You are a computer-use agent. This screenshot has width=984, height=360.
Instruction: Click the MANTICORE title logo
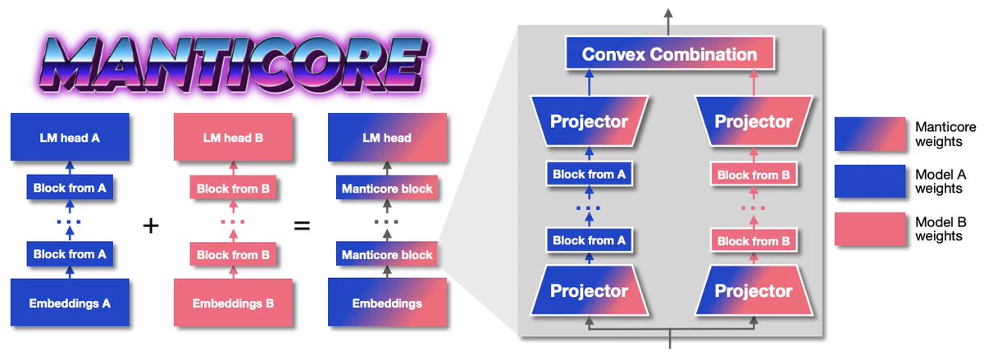233,64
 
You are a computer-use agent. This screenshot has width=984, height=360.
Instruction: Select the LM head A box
70,137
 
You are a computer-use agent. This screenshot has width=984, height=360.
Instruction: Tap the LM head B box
233,137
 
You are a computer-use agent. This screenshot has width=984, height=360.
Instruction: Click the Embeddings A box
70,303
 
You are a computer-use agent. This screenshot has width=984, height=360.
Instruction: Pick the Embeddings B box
233,303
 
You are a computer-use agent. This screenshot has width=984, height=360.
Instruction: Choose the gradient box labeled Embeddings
387,303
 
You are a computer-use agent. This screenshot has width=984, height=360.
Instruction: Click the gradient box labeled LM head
387,137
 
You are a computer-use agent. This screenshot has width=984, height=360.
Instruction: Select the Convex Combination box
670,53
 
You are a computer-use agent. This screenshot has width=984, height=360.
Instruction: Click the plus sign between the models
151,226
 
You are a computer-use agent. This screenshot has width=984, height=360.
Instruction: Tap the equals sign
302,226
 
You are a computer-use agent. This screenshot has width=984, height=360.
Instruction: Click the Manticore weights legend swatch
870,134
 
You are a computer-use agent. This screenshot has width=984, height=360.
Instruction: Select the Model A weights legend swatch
870,181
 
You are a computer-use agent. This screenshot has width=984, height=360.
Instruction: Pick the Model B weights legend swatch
870,229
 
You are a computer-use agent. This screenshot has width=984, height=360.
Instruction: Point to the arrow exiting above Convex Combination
668,22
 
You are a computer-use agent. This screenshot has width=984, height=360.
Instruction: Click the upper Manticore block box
387,188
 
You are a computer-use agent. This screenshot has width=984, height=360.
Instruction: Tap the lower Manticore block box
387,254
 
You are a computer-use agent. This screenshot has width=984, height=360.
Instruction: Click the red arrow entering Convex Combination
754,83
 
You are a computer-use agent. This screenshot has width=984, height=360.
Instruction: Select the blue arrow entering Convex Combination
589,83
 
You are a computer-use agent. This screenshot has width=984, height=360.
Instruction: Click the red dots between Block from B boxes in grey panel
753,208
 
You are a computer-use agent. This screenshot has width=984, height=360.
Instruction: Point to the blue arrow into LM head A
70,168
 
